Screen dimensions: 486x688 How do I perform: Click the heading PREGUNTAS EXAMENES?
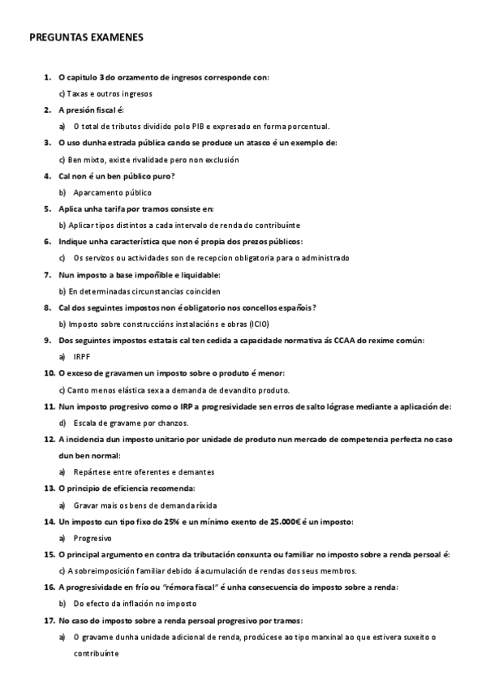click(x=86, y=37)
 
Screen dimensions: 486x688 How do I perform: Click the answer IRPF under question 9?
click(x=81, y=356)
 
